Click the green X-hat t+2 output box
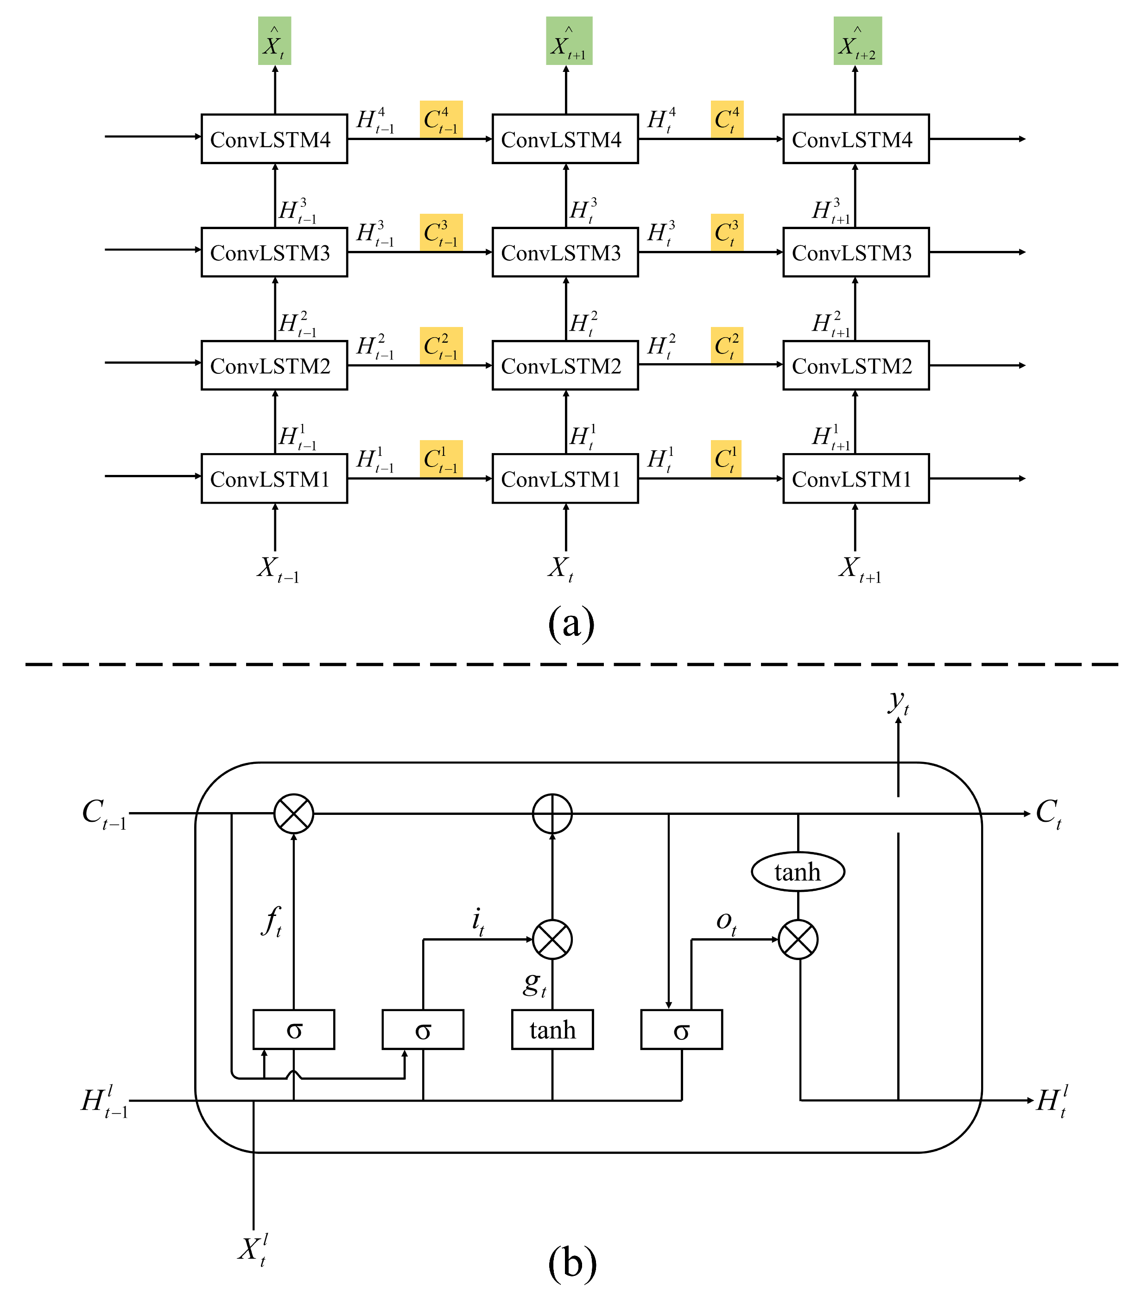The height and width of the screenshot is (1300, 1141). [857, 41]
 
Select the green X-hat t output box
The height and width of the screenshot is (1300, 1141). [274, 41]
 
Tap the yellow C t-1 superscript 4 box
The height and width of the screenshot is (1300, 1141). [441, 119]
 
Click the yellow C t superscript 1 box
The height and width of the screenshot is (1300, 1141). [727, 459]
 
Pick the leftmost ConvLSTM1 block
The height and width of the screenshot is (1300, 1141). [274, 478]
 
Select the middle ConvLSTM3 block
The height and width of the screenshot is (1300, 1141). [564, 252]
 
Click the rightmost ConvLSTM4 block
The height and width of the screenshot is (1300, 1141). [856, 139]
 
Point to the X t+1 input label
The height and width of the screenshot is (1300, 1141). [859, 569]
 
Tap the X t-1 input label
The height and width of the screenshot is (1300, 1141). [277, 569]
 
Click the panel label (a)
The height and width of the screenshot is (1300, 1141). [570, 623]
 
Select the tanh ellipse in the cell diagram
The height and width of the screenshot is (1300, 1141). [797, 871]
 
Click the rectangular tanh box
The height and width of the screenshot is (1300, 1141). [552, 1030]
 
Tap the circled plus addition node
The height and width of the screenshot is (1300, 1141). [552, 813]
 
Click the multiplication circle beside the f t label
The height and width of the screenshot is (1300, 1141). [293, 813]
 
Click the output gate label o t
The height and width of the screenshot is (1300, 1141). [726, 922]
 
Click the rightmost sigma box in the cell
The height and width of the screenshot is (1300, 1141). [681, 1030]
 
